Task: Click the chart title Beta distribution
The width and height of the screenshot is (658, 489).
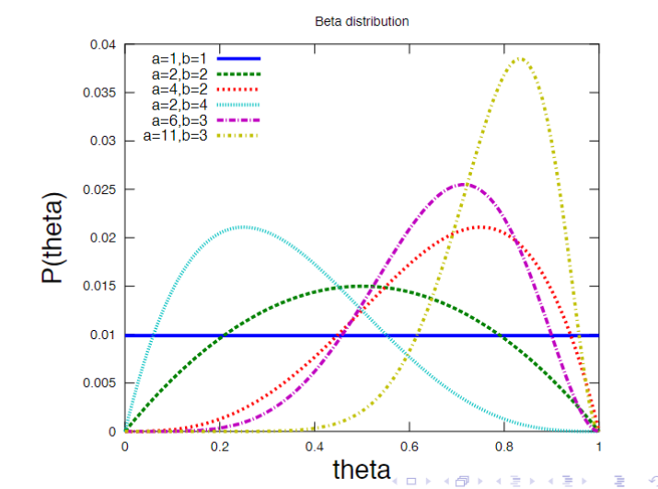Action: [x=362, y=20]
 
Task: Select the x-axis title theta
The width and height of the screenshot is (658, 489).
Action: [x=362, y=469]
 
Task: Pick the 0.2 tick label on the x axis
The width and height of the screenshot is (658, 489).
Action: [x=219, y=446]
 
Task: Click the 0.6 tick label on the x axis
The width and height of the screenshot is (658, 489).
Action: [x=409, y=446]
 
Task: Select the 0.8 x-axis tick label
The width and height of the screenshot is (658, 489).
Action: [x=503, y=446]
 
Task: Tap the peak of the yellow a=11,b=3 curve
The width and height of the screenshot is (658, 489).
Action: [x=520, y=58]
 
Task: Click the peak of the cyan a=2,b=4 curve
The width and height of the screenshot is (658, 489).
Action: [x=243, y=226]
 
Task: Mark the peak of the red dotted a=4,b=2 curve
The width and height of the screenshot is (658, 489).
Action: [x=480, y=226]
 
